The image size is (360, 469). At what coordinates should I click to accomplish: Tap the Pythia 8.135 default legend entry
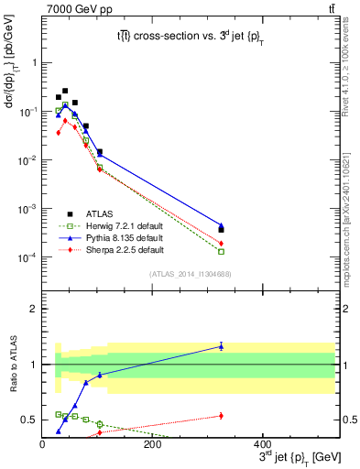111,237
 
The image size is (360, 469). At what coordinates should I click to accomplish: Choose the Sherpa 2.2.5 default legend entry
111,249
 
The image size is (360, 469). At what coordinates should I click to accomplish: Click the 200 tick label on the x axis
152,445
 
